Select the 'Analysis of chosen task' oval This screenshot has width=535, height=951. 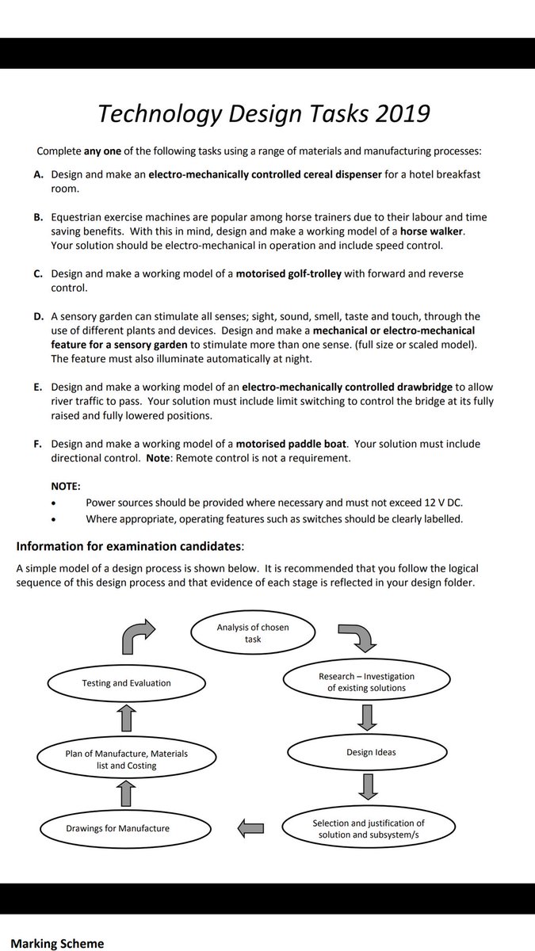(253, 632)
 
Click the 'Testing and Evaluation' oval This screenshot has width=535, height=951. (126, 682)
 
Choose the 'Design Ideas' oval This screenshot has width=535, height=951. (371, 751)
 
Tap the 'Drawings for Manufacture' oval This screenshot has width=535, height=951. (117, 828)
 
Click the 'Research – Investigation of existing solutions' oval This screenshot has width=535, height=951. (366, 682)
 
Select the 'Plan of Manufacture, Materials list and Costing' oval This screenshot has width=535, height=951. (127, 759)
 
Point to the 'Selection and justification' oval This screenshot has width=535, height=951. (369, 828)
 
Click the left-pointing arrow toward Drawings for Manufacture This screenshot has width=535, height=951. (250, 828)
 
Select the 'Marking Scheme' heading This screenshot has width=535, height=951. (56, 943)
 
